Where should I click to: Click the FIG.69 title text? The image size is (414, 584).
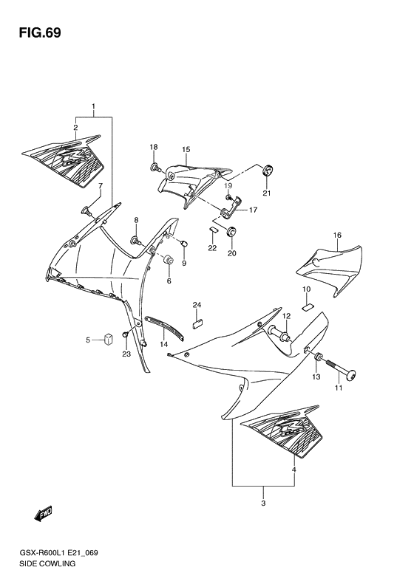click(35, 33)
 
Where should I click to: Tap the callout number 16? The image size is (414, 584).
click(337, 236)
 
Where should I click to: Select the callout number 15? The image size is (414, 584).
click(186, 149)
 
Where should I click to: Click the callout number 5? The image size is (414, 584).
click(87, 340)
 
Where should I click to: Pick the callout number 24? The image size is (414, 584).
click(197, 304)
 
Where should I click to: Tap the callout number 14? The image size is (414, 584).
click(164, 344)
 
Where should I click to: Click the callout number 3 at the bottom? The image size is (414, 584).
click(263, 504)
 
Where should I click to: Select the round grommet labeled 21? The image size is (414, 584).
click(268, 171)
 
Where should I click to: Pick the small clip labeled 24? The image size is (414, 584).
click(197, 321)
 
